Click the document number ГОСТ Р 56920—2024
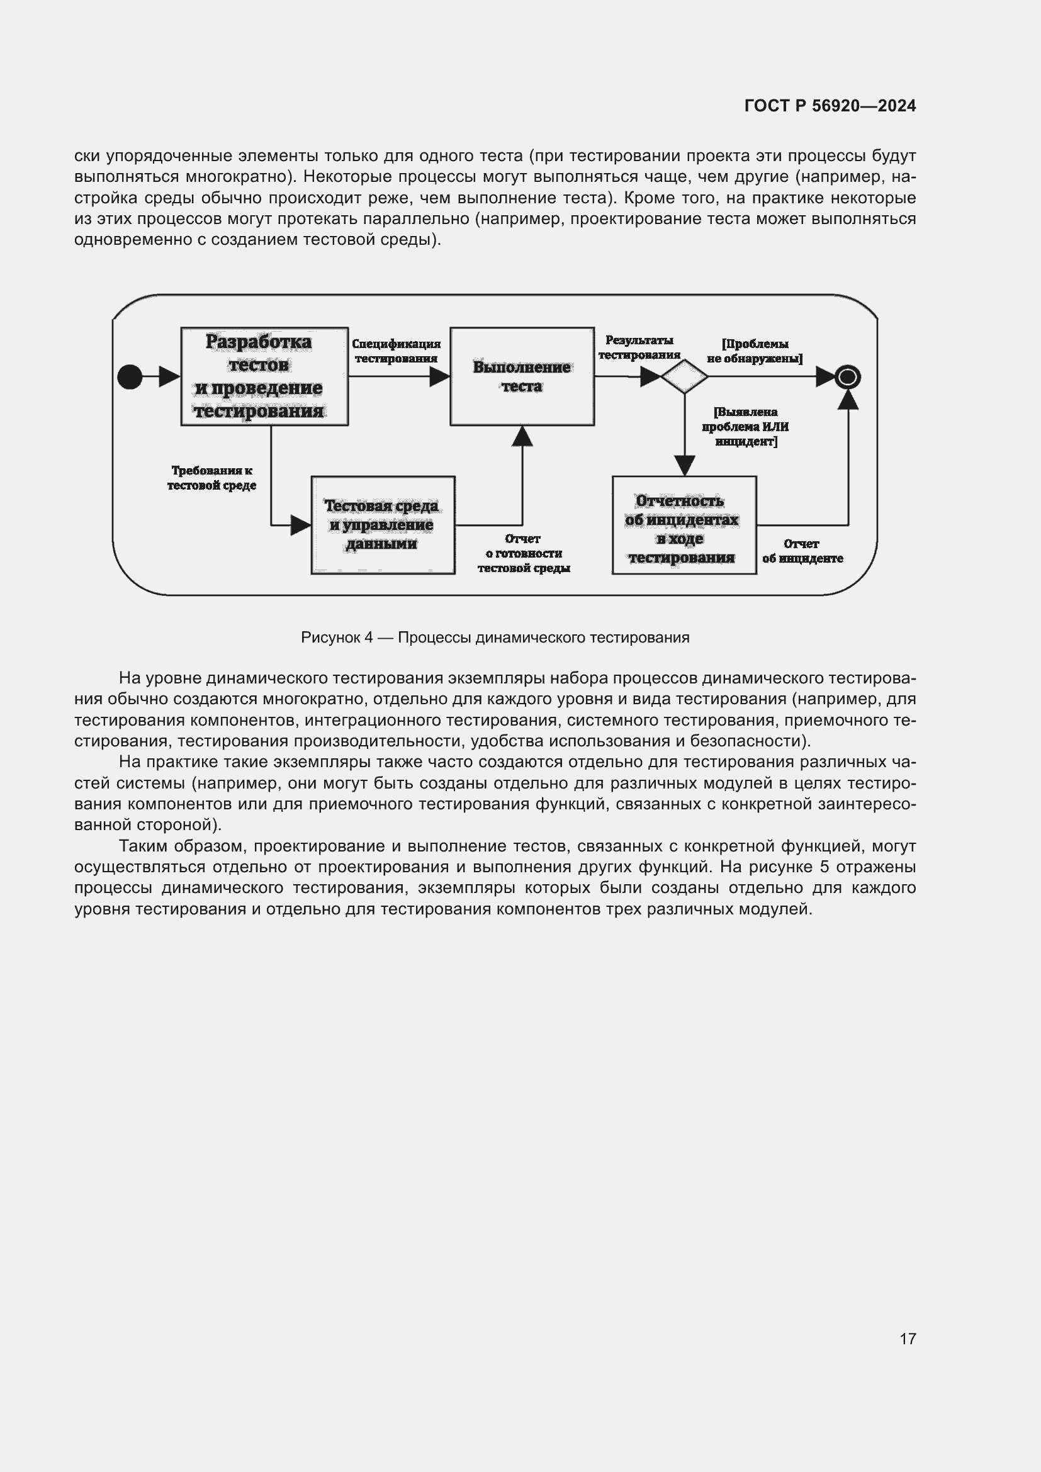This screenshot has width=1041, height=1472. click(x=830, y=106)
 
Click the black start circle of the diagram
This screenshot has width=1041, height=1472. click(x=130, y=376)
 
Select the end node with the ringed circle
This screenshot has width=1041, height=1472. click(x=847, y=377)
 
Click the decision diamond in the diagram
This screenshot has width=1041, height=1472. click(x=684, y=377)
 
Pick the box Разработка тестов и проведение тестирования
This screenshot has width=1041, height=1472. click(x=264, y=376)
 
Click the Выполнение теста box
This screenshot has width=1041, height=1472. click(x=522, y=376)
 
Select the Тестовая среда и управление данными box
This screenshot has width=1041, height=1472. click(x=383, y=524)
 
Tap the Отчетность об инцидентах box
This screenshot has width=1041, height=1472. click(x=684, y=524)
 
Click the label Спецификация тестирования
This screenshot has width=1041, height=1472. click(x=396, y=351)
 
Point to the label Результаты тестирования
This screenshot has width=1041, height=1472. click(x=639, y=347)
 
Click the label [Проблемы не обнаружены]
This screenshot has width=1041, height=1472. click(x=755, y=351)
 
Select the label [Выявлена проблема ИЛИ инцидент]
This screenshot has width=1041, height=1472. click(x=745, y=426)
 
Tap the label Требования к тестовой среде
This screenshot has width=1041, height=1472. click(x=211, y=478)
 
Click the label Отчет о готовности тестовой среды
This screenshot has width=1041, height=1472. click(x=524, y=553)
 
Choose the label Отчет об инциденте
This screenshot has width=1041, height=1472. click(x=802, y=551)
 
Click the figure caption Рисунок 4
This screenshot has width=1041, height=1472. click(x=495, y=638)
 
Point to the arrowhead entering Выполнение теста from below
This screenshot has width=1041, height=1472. click(x=522, y=436)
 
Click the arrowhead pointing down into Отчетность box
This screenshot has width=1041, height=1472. click(x=685, y=466)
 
